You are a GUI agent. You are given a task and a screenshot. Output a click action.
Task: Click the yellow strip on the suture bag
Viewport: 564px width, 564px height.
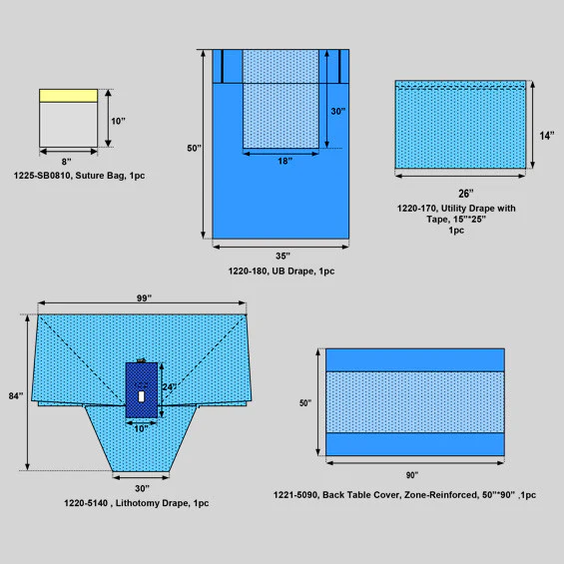coord(68,95)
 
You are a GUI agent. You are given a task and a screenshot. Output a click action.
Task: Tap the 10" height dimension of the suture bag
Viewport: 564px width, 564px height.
coord(118,121)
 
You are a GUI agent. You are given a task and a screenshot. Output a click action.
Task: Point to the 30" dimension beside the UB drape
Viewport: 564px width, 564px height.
coord(338,111)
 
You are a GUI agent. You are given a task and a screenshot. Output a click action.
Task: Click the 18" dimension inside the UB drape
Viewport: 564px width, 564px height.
coord(283,161)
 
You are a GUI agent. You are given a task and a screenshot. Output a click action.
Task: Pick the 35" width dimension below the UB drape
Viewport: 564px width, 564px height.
coord(282,256)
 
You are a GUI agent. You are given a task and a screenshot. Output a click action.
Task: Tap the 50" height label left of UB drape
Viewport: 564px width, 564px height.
coord(194,148)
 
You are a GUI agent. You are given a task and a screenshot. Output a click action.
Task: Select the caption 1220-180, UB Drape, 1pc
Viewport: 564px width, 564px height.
coord(282,271)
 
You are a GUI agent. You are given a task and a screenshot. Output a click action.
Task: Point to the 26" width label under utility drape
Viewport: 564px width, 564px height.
coord(466,193)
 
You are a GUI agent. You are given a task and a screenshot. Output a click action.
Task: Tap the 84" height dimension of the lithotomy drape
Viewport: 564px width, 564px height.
coord(16,395)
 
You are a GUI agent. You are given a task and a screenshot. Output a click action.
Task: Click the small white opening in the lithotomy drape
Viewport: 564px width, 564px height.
coord(142,396)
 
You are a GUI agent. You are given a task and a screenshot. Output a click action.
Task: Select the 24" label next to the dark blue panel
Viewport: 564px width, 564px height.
coord(168,387)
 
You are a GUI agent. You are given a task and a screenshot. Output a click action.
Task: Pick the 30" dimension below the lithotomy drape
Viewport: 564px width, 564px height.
coord(142,487)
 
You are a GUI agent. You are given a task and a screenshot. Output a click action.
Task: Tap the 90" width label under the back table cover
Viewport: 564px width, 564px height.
coord(412,475)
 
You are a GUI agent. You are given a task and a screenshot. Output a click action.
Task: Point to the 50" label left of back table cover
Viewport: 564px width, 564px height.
coord(304,402)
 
